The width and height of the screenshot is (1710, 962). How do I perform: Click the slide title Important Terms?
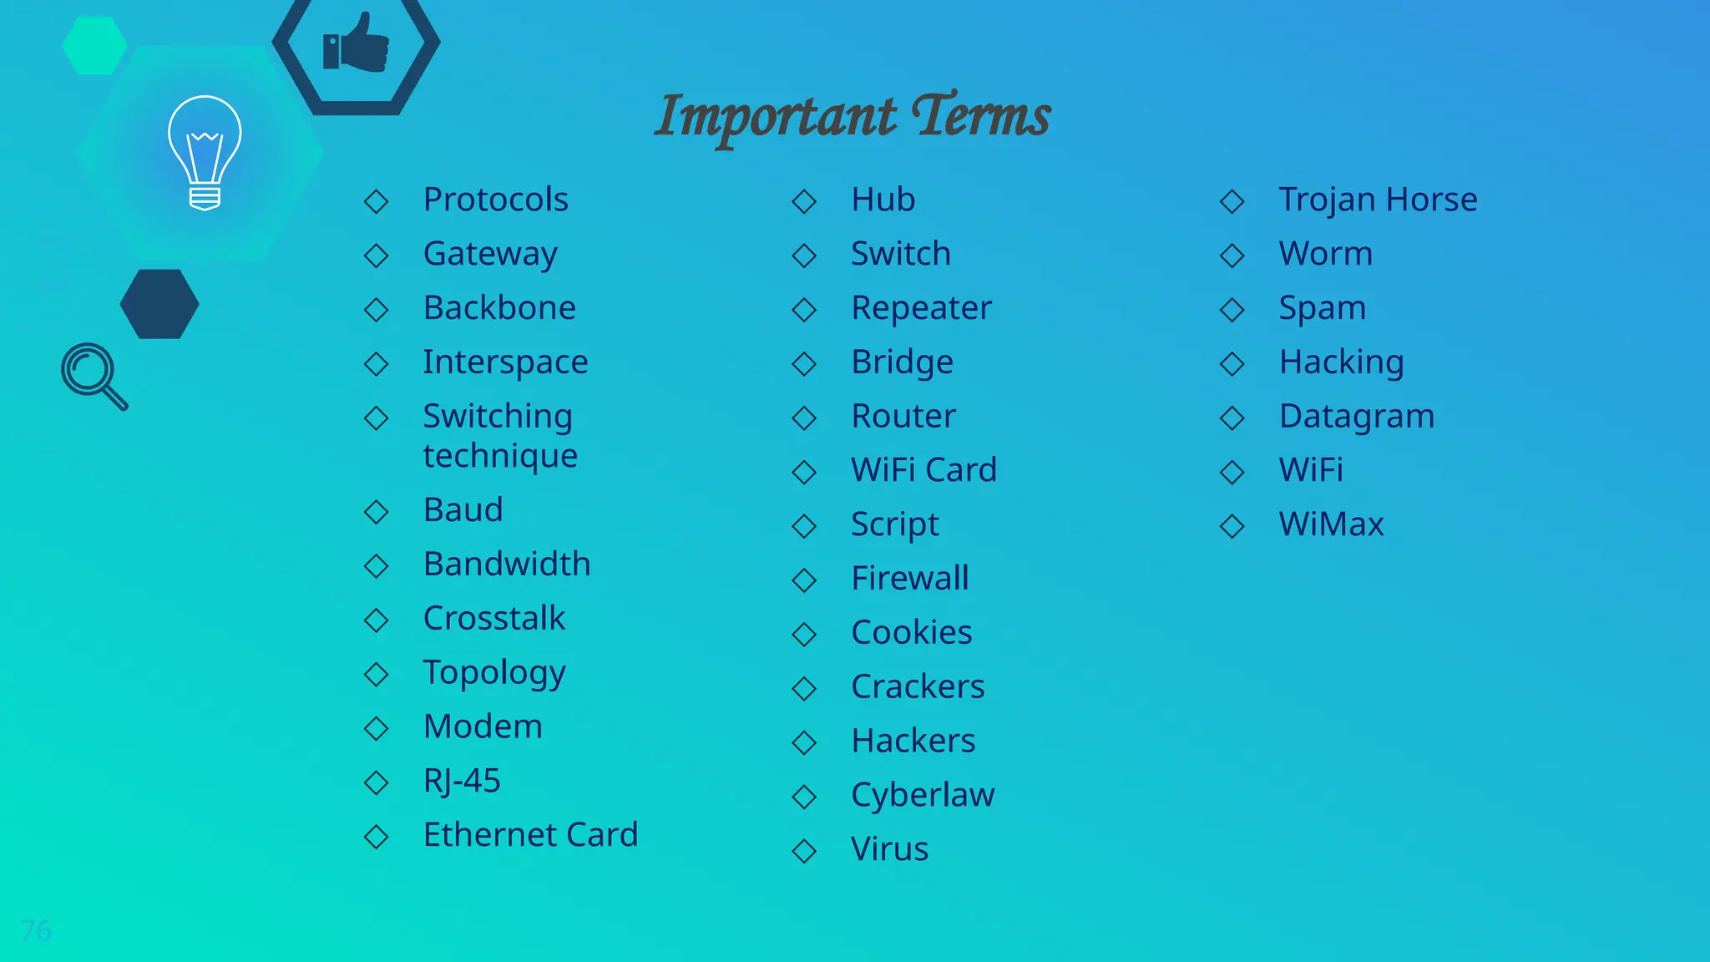tap(852, 116)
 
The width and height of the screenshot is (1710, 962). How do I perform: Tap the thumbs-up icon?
tap(357, 43)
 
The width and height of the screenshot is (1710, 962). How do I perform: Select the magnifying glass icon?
tap(94, 376)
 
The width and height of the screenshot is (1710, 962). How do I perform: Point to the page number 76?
tap(36, 930)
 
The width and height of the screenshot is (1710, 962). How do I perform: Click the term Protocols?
tap(495, 200)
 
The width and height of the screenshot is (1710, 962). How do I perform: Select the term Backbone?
tap(499, 308)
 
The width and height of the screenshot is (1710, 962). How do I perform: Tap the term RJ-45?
tap(462, 781)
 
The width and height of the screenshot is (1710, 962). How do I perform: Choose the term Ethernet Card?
tap(530, 835)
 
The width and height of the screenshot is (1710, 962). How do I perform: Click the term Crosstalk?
tap(494, 619)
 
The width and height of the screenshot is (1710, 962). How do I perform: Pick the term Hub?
tap(883, 200)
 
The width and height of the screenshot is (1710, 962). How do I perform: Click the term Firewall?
tap(910, 579)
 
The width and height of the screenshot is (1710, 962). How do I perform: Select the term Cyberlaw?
tap(923, 795)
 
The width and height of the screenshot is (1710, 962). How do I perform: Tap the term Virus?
tap(889, 849)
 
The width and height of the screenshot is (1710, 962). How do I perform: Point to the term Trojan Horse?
tap(1378, 200)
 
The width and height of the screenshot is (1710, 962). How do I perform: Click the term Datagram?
tap(1356, 416)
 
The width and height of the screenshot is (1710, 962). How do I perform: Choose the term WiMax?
tap(1331, 524)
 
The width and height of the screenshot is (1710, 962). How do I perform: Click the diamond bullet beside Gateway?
tap(377, 256)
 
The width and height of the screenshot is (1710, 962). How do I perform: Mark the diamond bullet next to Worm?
tap(1232, 256)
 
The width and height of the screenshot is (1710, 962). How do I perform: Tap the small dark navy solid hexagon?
tap(159, 304)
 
